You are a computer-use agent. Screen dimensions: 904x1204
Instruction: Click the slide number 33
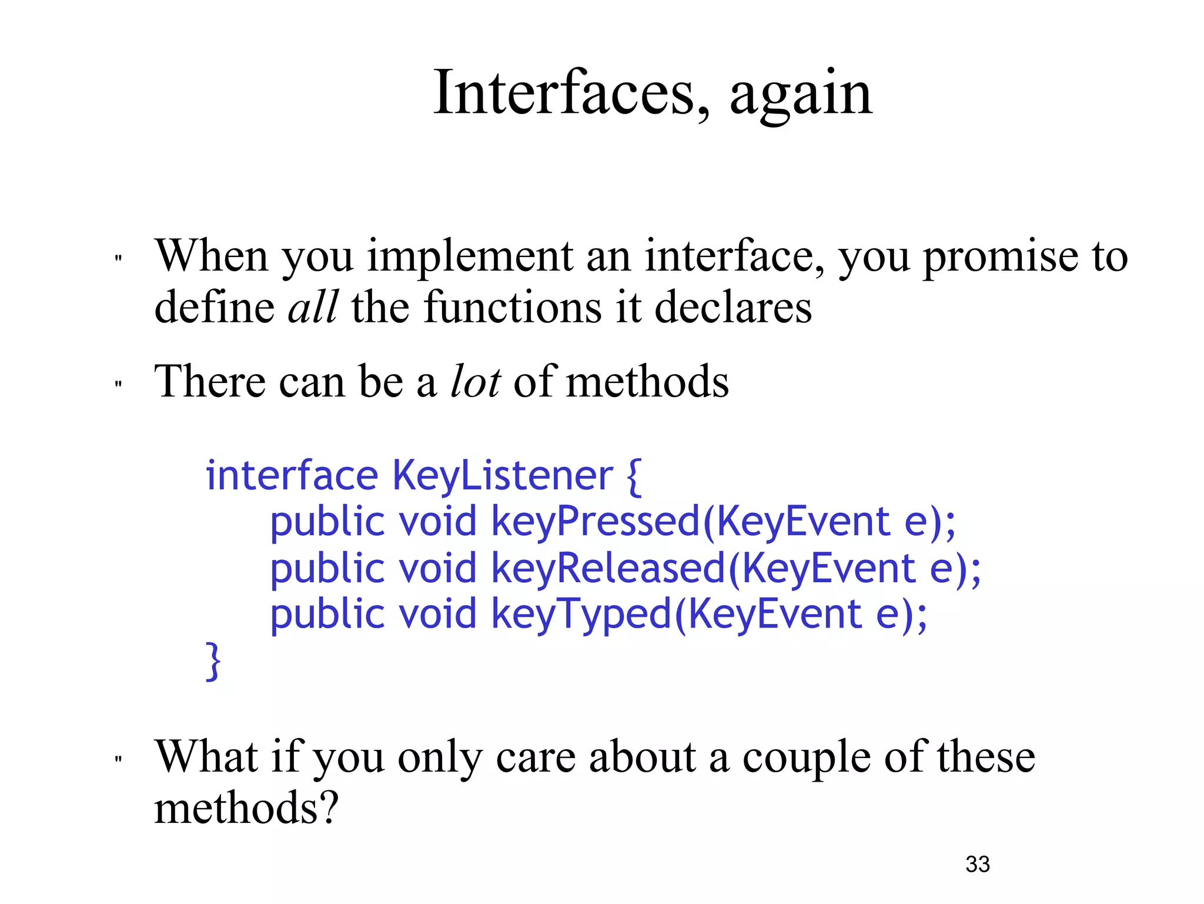point(977,864)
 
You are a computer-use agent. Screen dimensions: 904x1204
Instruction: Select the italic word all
point(313,307)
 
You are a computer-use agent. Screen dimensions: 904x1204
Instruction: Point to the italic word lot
point(475,381)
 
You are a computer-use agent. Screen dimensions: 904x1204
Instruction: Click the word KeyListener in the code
point(502,475)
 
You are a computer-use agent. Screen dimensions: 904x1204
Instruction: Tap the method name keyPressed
point(595,522)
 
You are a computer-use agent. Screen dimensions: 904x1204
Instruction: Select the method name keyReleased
point(608,569)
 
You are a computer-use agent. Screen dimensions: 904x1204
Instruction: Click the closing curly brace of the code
point(213,662)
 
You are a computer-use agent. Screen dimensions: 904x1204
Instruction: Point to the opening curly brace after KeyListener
point(634,476)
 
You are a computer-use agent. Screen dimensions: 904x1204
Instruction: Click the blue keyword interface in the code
point(292,475)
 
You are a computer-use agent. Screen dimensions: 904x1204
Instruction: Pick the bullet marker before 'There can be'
point(119,383)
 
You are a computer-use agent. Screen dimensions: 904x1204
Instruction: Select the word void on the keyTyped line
point(437,615)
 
